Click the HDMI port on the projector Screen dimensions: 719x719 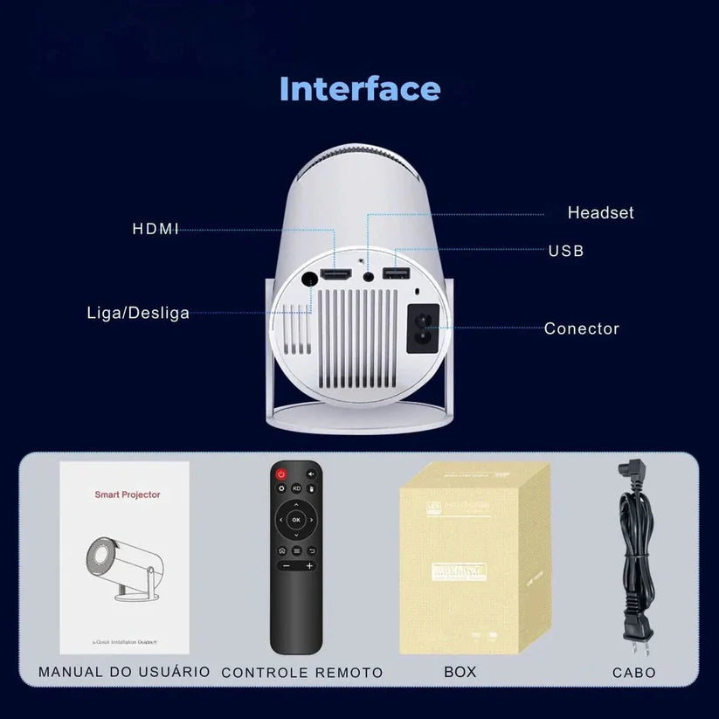(x=335, y=275)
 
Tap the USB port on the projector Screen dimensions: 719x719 (x=395, y=274)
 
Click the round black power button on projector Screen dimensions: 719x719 (x=308, y=280)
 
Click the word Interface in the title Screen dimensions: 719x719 (x=360, y=88)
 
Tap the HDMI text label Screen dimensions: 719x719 (x=156, y=229)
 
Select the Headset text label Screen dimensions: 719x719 (x=600, y=212)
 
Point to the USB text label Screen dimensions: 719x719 (x=566, y=251)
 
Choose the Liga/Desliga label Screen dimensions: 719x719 (x=138, y=313)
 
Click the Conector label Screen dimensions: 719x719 (x=581, y=328)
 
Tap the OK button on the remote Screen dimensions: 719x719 (x=296, y=519)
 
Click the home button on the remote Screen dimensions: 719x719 (x=281, y=551)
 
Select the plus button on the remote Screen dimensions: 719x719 (x=309, y=566)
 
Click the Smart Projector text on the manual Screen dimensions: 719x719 (x=128, y=494)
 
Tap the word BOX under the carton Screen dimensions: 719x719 (x=460, y=672)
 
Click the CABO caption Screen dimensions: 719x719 (x=633, y=672)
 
